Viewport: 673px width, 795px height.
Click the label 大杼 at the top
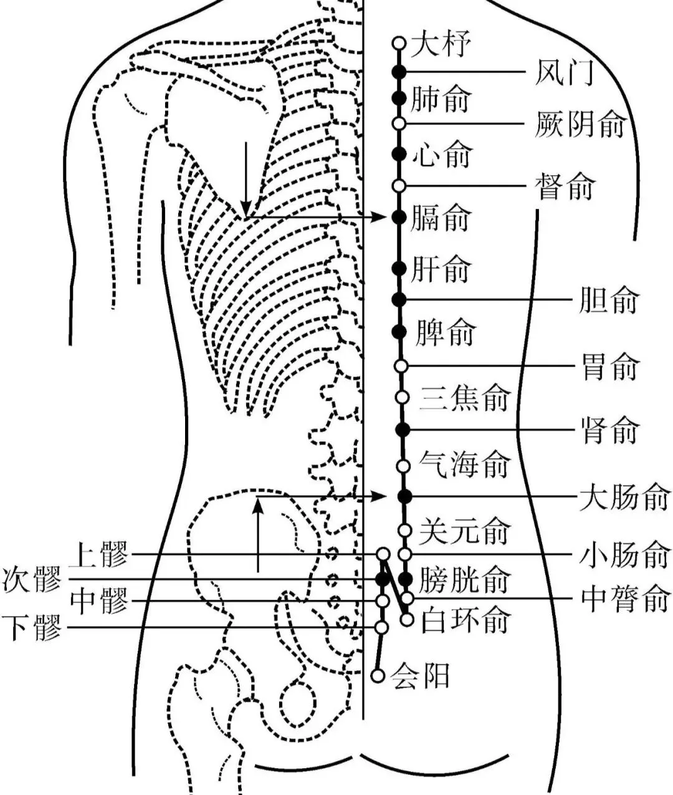[x=441, y=44]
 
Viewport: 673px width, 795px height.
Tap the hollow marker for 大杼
[x=399, y=43]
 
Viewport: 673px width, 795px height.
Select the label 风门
[x=564, y=72]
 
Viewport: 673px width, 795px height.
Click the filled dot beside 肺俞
[x=399, y=98]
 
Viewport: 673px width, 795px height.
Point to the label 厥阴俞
[x=580, y=125]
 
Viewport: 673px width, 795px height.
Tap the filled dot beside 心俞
[x=399, y=154]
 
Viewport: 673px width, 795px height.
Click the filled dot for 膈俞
[x=399, y=217]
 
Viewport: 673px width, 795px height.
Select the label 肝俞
[x=441, y=269]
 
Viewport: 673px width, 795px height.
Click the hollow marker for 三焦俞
[x=402, y=397]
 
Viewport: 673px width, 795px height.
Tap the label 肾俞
[x=610, y=430]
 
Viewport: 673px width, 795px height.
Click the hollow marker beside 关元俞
[x=404, y=530]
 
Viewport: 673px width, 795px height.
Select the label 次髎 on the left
[x=32, y=580]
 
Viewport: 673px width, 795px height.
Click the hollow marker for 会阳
[x=377, y=675]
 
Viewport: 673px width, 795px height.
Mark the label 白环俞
[x=465, y=621]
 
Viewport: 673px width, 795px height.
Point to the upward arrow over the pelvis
[x=257, y=536]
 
